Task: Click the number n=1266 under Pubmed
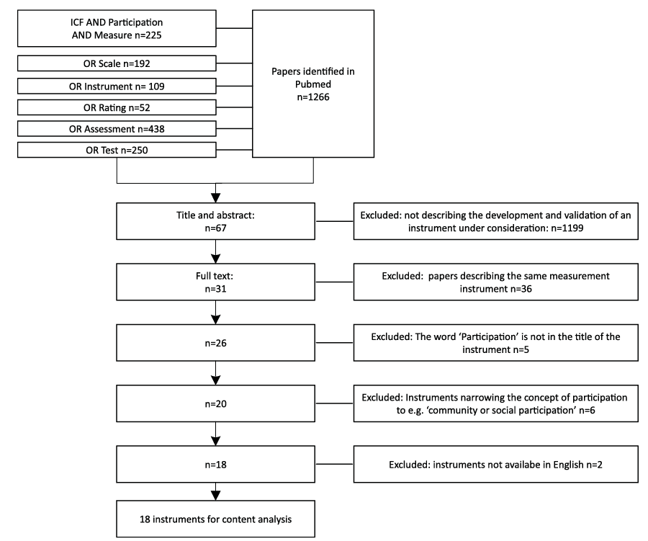(313, 97)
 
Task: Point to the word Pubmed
(313, 84)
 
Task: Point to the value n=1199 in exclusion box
(567, 228)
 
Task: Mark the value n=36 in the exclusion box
(521, 289)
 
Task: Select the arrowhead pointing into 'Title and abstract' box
(215, 197)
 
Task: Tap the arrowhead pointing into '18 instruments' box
(215, 496)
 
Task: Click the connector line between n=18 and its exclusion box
(334, 464)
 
